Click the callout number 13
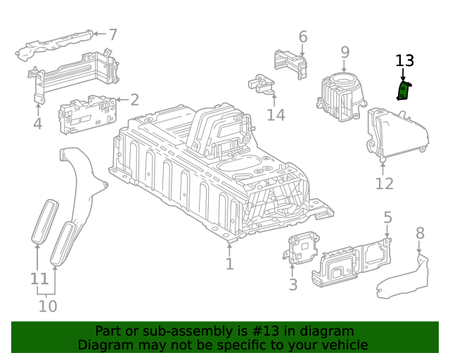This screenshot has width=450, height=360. pyautogui.click(x=405, y=61)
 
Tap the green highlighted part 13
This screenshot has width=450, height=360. pyautogui.click(x=404, y=91)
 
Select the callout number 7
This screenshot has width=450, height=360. pyautogui.click(x=112, y=34)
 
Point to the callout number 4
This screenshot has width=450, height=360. pyautogui.click(x=37, y=124)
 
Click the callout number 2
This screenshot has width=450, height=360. pyautogui.click(x=134, y=100)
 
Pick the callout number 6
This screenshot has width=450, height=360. pyautogui.click(x=303, y=37)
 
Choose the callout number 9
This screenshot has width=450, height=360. pyautogui.click(x=345, y=51)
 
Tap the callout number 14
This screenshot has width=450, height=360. pyautogui.click(x=276, y=114)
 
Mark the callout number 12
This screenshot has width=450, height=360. pyautogui.click(x=384, y=184)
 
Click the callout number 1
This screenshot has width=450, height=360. pyautogui.click(x=229, y=264)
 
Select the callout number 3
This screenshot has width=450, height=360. pyautogui.click(x=293, y=284)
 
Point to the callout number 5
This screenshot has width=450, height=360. pyautogui.click(x=387, y=218)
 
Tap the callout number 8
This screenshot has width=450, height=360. pyautogui.click(x=420, y=233)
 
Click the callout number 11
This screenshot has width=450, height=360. pyautogui.click(x=39, y=278)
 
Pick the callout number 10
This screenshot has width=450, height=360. pyautogui.click(x=48, y=306)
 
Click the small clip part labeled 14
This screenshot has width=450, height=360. pyautogui.click(x=262, y=84)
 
